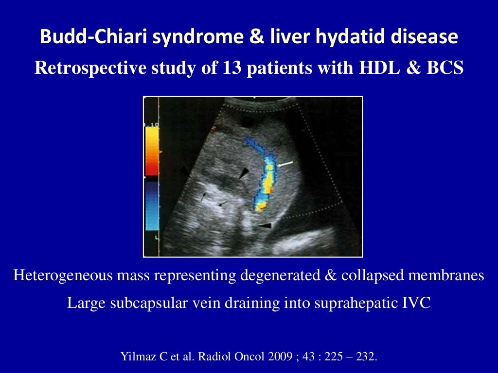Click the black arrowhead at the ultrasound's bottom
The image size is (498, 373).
pos(265,225)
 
